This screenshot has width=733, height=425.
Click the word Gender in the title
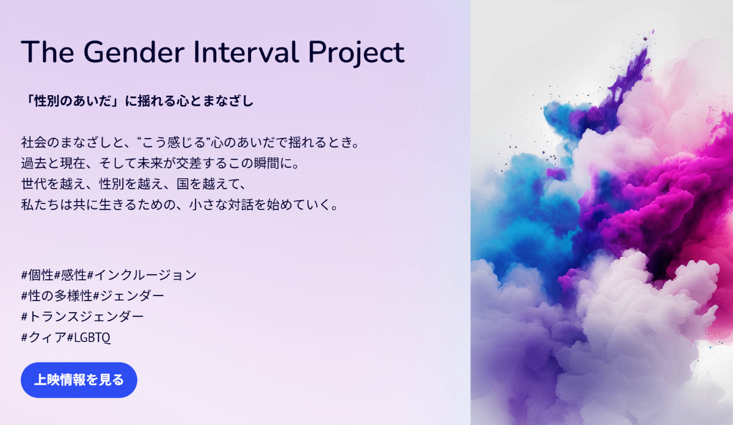(134, 52)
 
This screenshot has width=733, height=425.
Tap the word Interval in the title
(246, 52)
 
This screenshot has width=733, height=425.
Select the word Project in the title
(356, 54)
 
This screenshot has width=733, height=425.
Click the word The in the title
(48, 52)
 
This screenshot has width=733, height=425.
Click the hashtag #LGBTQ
(89, 337)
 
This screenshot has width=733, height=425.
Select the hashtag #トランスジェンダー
(82, 316)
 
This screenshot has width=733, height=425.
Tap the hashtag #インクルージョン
(142, 275)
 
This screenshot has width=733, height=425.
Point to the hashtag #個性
(37, 275)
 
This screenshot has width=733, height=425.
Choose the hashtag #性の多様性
(57, 296)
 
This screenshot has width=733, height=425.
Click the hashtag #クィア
(44, 337)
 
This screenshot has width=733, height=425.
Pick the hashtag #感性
(70, 275)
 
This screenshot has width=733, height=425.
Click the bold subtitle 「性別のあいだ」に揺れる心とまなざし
(138, 101)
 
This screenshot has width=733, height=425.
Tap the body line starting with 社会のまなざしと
(191, 142)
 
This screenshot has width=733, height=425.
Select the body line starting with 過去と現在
(160, 163)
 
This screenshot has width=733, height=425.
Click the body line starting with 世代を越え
(134, 184)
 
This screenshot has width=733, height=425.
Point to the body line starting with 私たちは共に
(180, 205)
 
